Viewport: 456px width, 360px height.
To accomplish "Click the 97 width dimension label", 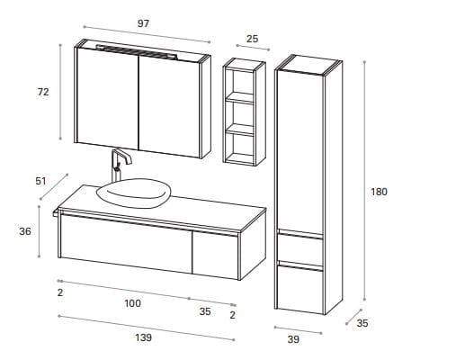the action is [x=143, y=23].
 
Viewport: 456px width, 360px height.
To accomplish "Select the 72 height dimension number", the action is [x=43, y=92].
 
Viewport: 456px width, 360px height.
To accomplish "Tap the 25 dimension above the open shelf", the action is [x=252, y=39].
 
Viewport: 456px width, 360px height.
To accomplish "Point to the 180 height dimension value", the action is [x=379, y=192].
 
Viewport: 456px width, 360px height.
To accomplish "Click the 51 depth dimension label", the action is [x=40, y=181].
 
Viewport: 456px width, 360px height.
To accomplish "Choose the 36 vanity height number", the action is [x=25, y=231].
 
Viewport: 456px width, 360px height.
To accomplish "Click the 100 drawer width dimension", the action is [x=132, y=303].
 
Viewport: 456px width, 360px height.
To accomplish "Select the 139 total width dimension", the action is [x=143, y=337].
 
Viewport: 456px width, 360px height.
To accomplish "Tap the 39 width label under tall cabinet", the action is [x=293, y=339].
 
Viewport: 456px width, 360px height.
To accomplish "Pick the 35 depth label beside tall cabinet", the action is [x=362, y=323].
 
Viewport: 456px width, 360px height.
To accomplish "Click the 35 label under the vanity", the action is [x=205, y=311].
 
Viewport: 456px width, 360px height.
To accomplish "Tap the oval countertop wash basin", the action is [x=134, y=193].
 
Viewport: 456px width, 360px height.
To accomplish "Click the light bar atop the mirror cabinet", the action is [x=137, y=51].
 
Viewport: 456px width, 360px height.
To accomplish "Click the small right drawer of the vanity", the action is [x=215, y=255].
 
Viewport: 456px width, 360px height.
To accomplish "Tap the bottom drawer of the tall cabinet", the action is [x=300, y=289].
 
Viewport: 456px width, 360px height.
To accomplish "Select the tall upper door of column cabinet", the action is [x=300, y=152].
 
